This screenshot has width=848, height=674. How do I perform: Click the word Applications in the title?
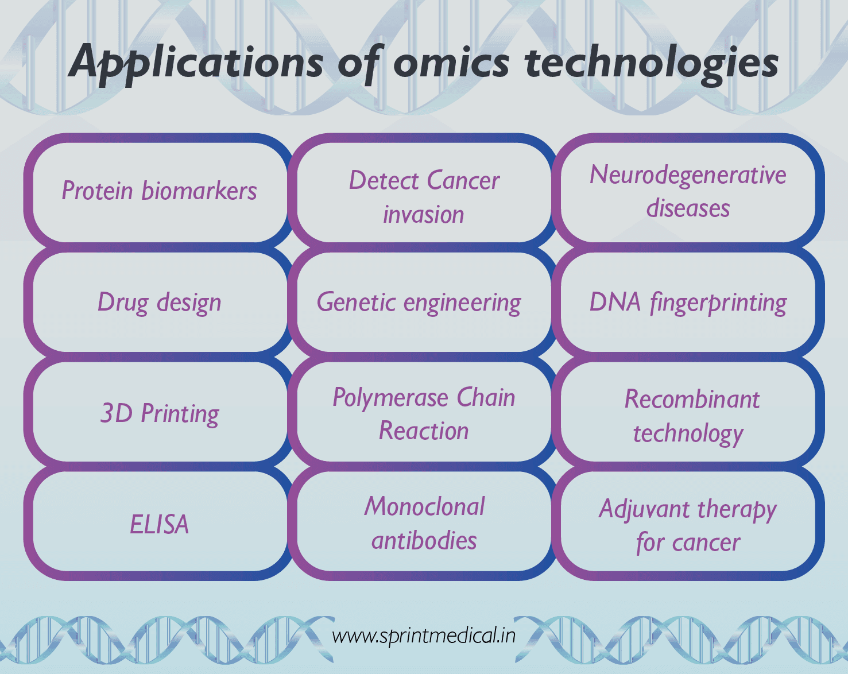tap(196, 62)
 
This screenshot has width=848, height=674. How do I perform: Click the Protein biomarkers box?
tap(159, 191)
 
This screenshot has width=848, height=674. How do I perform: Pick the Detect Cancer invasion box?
tap(424, 196)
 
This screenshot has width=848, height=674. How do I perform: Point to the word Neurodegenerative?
tap(688, 175)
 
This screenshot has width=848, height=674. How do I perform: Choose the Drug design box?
tap(159, 302)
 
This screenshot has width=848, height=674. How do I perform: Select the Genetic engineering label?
tap(419, 302)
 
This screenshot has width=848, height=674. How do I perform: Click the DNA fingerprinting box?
tap(688, 302)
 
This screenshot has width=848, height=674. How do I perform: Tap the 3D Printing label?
tap(159, 413)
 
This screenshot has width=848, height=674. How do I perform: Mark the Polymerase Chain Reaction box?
tap(424, 413)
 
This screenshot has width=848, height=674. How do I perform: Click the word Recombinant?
tap(692, 399)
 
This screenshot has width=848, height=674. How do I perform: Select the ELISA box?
tap(159, 524)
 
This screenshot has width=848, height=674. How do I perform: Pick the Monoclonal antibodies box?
tap(424, 523)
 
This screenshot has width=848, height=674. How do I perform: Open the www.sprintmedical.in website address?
tap(424, 636)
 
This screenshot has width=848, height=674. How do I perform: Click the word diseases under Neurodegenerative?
tap(688, 208)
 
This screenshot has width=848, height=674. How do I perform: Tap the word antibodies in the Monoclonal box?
tap(424, 540)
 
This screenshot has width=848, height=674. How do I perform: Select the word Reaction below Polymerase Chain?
tap(424, 431)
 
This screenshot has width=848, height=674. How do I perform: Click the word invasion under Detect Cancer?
tap(424, 215)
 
